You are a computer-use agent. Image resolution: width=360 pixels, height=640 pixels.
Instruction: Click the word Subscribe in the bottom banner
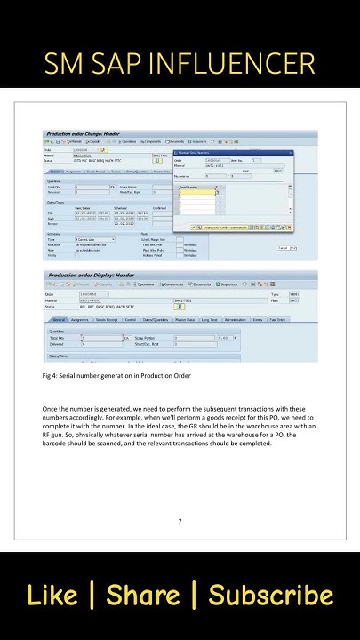271,596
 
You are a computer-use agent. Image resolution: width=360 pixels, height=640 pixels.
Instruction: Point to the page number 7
180,521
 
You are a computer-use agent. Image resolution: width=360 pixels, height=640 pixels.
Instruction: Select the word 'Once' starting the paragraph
52,408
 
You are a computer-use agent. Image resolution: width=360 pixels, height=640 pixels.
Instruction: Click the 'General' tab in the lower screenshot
59,319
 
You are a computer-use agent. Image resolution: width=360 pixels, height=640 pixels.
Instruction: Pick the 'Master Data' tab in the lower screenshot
185,319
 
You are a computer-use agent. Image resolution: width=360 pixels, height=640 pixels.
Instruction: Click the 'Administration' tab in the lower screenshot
236,319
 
